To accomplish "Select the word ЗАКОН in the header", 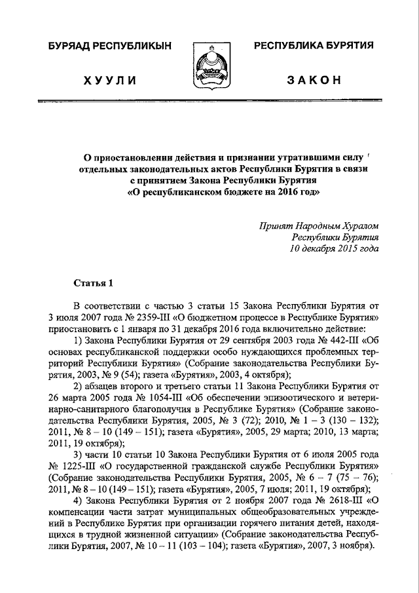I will click(314, 80).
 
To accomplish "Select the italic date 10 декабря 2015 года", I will click(335, 248).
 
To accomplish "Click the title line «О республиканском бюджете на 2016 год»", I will click(223, 193).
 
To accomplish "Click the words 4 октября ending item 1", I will click(267, 375).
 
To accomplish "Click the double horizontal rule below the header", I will click(209, 102).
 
